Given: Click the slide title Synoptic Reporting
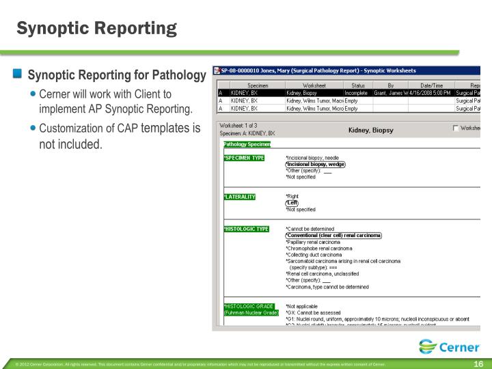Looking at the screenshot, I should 96,28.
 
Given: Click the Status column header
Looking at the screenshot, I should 358,84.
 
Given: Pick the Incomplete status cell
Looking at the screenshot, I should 356,92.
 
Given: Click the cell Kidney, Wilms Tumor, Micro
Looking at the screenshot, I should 314,108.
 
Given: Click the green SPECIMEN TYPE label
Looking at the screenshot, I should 244,158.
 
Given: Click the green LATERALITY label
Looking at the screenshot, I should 240,197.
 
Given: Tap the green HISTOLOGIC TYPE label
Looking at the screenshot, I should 245,229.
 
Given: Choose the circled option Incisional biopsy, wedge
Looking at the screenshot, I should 315,164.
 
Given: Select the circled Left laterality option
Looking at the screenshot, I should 292,203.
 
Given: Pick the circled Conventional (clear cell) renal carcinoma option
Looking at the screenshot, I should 333,235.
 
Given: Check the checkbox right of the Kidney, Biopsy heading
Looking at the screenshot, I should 456,128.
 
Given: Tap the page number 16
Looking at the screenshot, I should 478,364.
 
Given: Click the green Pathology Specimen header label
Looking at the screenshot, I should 247,144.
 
